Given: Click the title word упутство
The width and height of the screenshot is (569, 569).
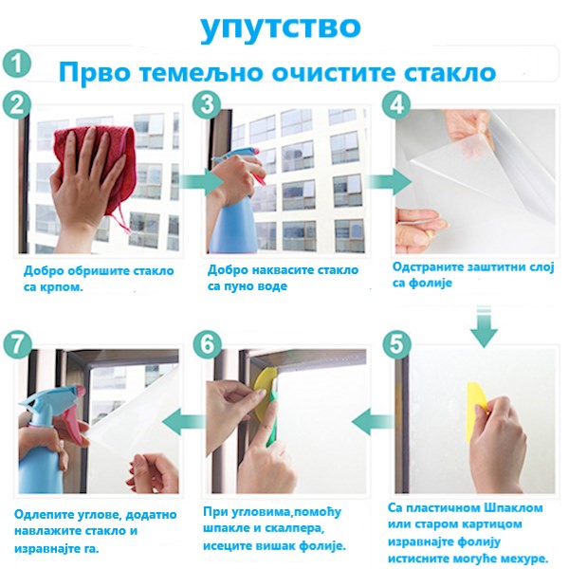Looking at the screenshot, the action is pyautogui.click(x=281, y=28).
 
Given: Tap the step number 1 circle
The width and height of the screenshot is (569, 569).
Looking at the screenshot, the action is pyautogui.click(x=17, y=64).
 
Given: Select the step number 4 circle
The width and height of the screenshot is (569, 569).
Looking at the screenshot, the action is pyautogui.click(x=396, y=103).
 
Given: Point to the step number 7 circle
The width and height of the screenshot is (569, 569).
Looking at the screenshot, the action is pyautogui.click(x=17, y=344).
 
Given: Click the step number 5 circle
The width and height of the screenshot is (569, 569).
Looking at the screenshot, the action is pyautogui.click(x=396, y=343).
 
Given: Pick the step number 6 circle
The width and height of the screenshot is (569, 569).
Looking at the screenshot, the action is pyautogui.click(x=207, y=343).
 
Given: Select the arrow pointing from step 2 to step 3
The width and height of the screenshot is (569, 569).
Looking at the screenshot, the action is pyautogui.click(x=200, y=181).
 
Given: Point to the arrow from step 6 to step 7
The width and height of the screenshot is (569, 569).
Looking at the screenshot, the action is pyautogui.click(x=184, y=422).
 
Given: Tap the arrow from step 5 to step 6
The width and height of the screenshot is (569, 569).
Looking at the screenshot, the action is pyautogui.click(x=373, y=421).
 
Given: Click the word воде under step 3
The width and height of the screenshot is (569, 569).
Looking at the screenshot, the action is pyautogui.click(x=270, y=286).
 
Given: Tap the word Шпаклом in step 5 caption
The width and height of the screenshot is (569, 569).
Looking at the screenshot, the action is pyautogui.click(x=513, y=508).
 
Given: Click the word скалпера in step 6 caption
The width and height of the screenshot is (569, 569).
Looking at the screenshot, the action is pyautogui.click(x=294, y=528).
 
